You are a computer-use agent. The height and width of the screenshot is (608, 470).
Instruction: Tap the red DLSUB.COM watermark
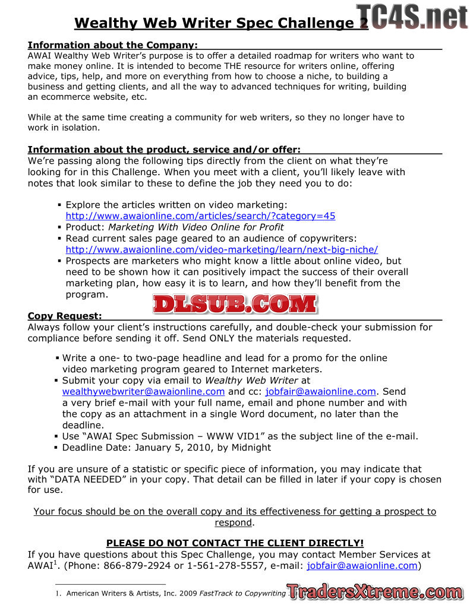[x=235, y=304]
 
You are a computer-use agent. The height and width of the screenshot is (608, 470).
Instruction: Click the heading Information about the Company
[x=113, y=45]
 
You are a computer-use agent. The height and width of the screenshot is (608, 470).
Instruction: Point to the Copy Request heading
[x=65, y=316]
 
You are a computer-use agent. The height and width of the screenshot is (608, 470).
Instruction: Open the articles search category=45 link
[x=200, y=216]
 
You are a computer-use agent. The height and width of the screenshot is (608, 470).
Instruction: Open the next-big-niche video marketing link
[x=222, y=249]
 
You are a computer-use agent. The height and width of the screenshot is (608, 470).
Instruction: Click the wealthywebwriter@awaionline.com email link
[x=143, y=391]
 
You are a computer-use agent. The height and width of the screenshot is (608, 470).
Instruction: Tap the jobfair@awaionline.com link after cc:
[x=320, y=391]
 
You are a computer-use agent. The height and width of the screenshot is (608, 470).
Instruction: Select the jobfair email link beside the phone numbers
[x=362, y=565]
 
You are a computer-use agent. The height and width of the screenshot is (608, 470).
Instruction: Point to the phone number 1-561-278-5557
[x=225, y=565]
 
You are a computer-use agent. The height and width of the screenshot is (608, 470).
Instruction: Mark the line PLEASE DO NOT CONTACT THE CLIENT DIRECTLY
[x=235, y=543]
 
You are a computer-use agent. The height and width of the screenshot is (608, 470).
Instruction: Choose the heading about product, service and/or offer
[x=164, y=149]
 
